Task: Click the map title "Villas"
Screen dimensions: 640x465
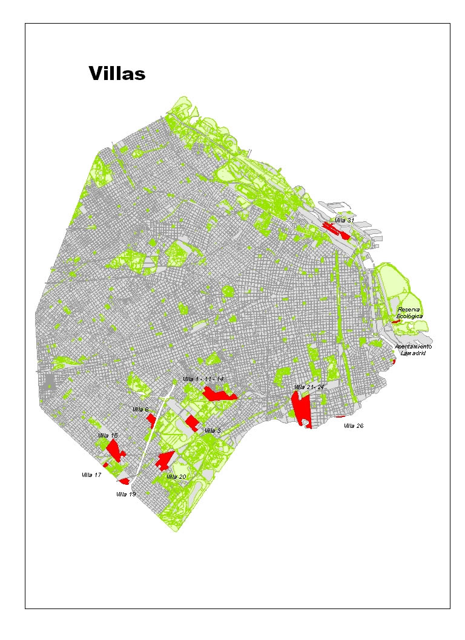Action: pos(117,73)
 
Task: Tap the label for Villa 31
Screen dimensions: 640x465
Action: pos(344,220)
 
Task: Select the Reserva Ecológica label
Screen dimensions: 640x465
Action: pos(409,313)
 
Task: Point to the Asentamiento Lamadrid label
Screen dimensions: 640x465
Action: pos(413,350)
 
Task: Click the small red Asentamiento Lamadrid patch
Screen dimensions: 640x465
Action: pos(394,361)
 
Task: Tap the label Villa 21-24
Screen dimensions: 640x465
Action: pos(309,387)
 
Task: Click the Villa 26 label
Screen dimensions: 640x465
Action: pos(354,426)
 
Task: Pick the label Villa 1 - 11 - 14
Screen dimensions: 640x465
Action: pos(203,379)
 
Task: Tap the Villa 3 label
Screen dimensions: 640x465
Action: pos(213,430)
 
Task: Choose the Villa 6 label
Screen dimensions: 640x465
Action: pos(140,410)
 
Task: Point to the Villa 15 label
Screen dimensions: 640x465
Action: pos(107,436)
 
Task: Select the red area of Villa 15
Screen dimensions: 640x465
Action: pos(114,450)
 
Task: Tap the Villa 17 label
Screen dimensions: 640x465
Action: pos(91,475)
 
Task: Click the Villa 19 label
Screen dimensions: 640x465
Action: pos(126,495)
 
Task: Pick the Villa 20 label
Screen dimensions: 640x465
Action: pos(176,477)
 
